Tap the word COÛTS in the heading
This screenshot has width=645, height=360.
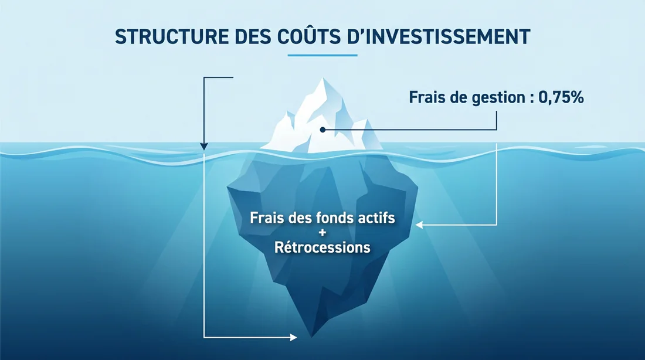coord(309,36)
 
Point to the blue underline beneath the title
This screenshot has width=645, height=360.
coord(322,56)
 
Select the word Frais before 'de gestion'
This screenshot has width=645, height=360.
coord(427,98)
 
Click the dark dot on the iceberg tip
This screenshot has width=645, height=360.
coord(322,129)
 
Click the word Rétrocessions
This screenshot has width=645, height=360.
coord(322,247)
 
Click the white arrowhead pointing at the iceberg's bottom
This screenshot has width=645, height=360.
coord(294,337)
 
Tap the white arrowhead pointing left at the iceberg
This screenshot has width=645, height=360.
coord(420,225)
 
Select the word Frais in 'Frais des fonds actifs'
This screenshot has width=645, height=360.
coord(267,218)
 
